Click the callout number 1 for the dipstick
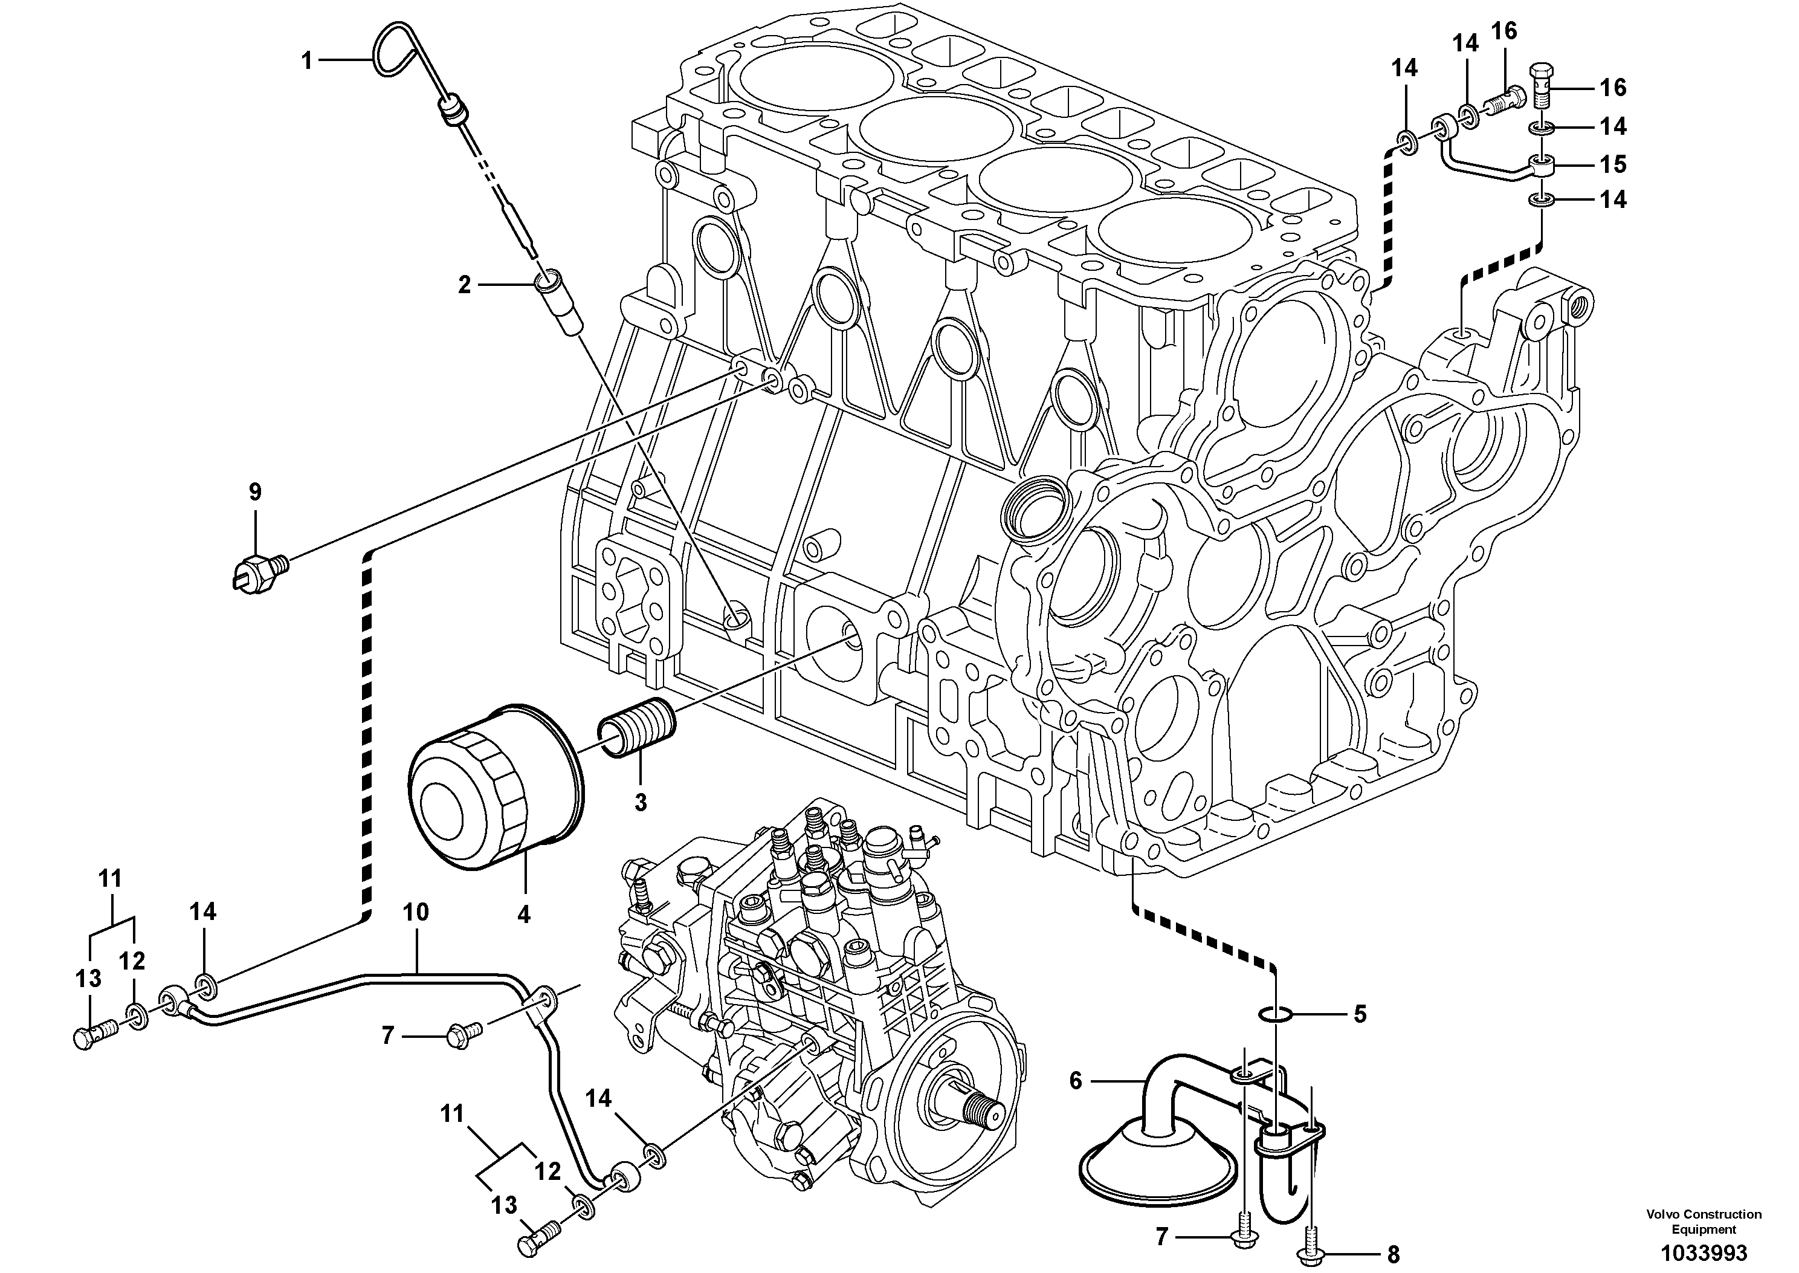307,60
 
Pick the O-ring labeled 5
1276,1015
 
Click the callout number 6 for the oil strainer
1075,1081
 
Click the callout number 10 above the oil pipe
416,912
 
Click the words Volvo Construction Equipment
1704,1221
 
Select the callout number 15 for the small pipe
1612,164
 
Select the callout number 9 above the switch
256,492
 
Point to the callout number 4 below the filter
523,914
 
